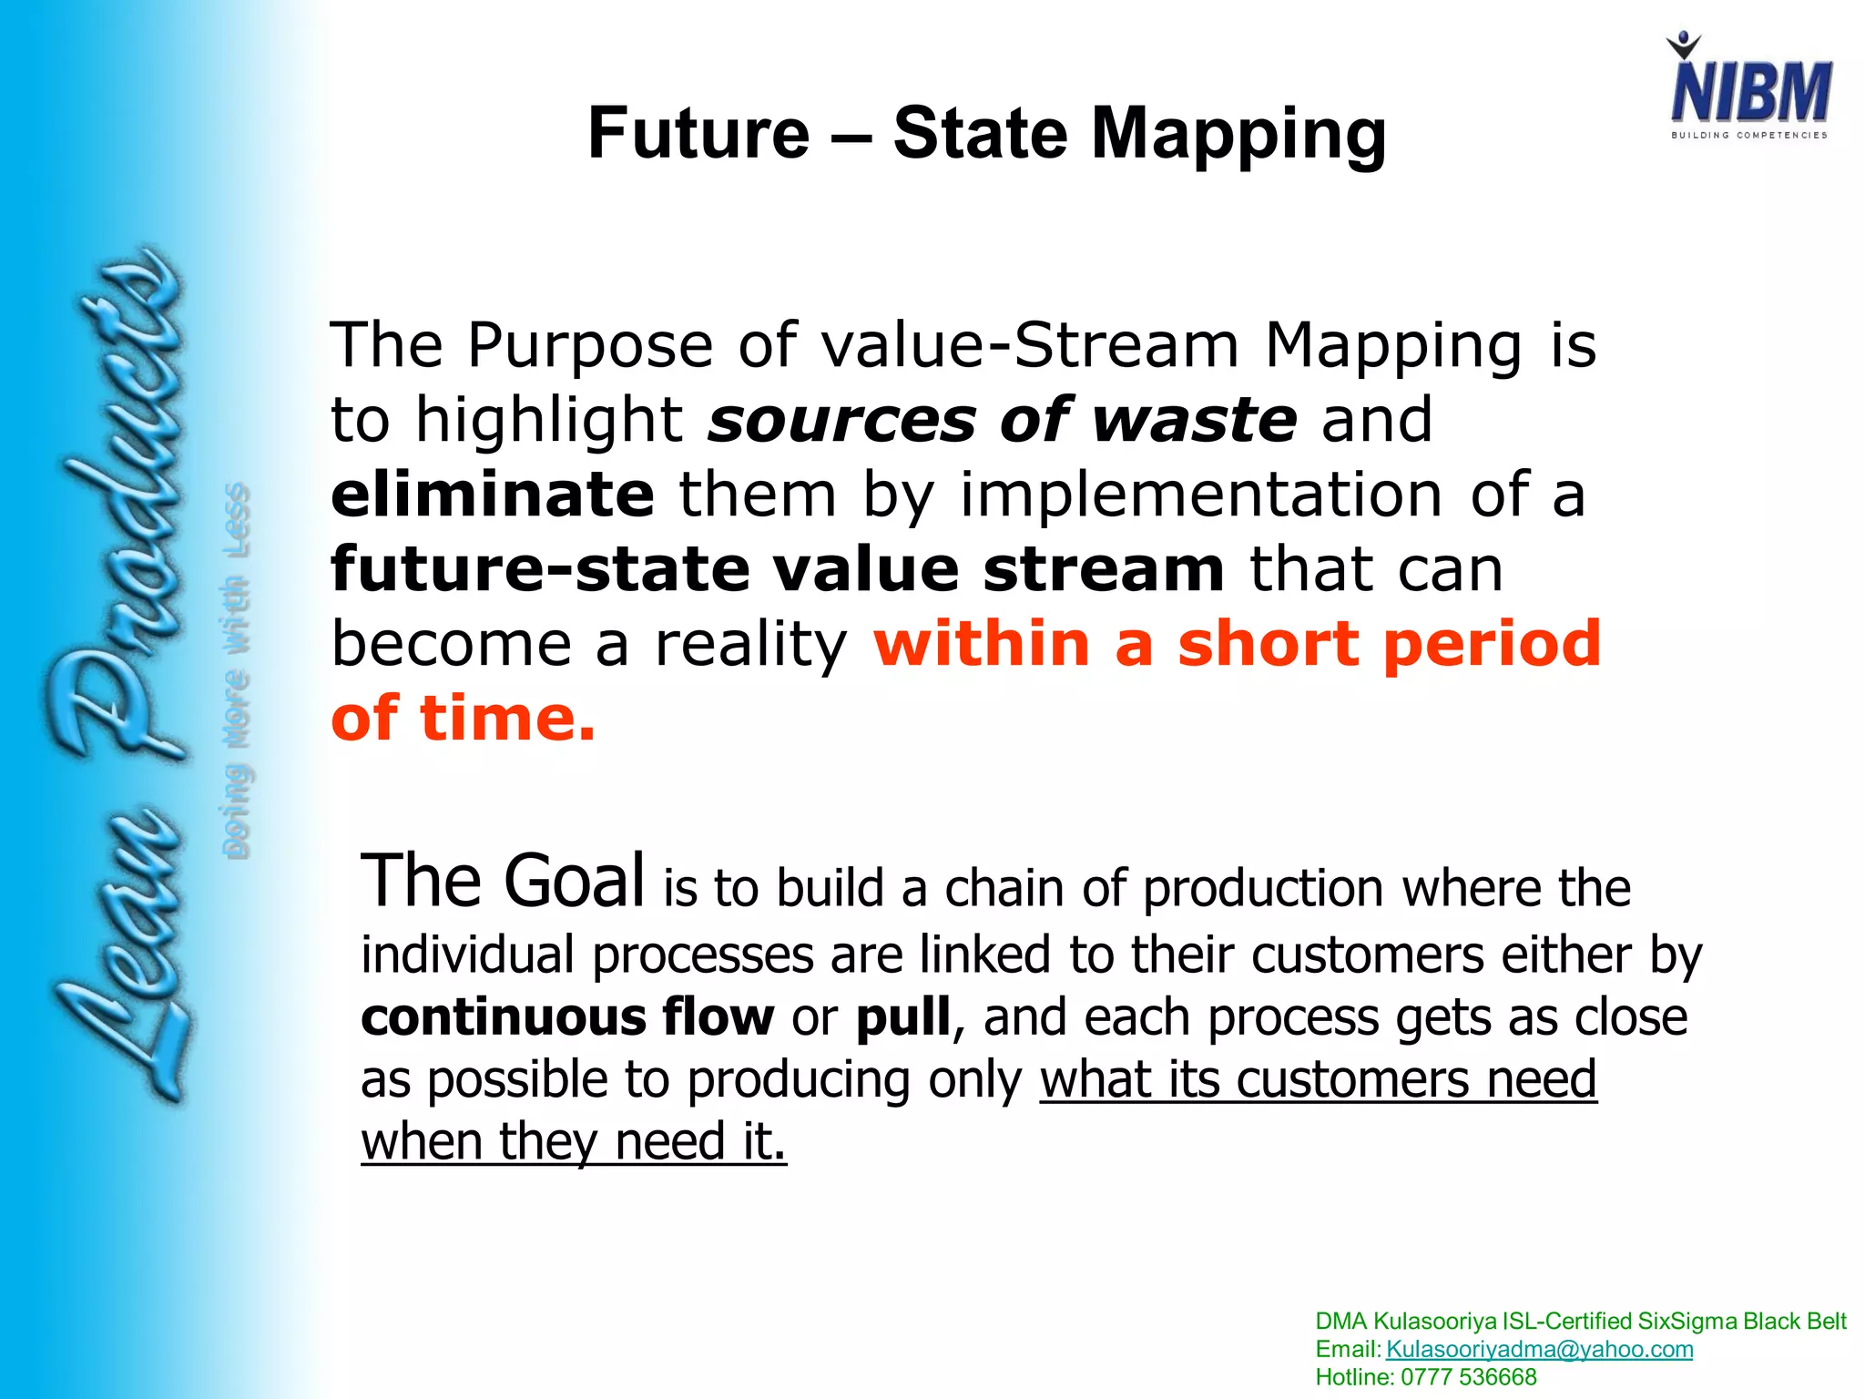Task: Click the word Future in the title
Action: click(x=698, y=134)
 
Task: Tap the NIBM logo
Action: click(x=1749, y=87)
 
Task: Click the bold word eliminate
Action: click(x=493, y=495)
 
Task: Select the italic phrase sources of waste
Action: click(x=1003, y=420)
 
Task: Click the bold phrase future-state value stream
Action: click(x=778, y=569)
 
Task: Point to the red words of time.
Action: click(x=463, y=719)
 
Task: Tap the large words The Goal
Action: click(x=503, y=881)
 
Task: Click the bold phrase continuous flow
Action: click(x=567, y=1016)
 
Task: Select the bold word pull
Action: click(x=903, y=1018)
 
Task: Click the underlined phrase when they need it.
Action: click(x=574, y=1142)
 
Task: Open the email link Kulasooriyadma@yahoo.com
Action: click(x=1539, y=1349)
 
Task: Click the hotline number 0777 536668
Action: click(x=1468, y=1377)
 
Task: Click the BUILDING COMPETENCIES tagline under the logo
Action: click(x=1748, y=135)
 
